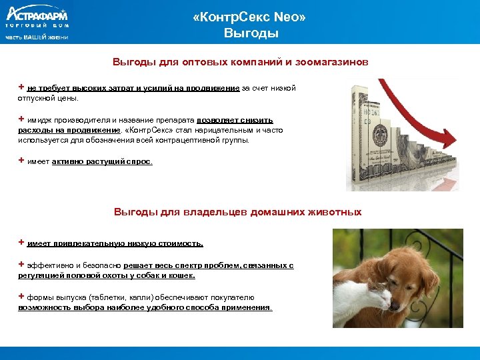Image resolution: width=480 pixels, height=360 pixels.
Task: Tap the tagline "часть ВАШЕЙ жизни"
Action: [37, 37]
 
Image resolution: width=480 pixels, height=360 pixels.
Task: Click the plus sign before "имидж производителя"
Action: [21, 119]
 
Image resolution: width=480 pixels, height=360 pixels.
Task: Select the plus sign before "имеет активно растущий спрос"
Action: [21, 161]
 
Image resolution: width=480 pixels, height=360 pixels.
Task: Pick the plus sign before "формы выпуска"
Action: [21, 297]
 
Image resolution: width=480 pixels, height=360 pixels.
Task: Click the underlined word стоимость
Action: [181, 244]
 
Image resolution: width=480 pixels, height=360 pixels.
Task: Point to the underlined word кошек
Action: [181, 275]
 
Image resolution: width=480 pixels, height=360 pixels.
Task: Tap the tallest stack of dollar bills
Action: [364, 133]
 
